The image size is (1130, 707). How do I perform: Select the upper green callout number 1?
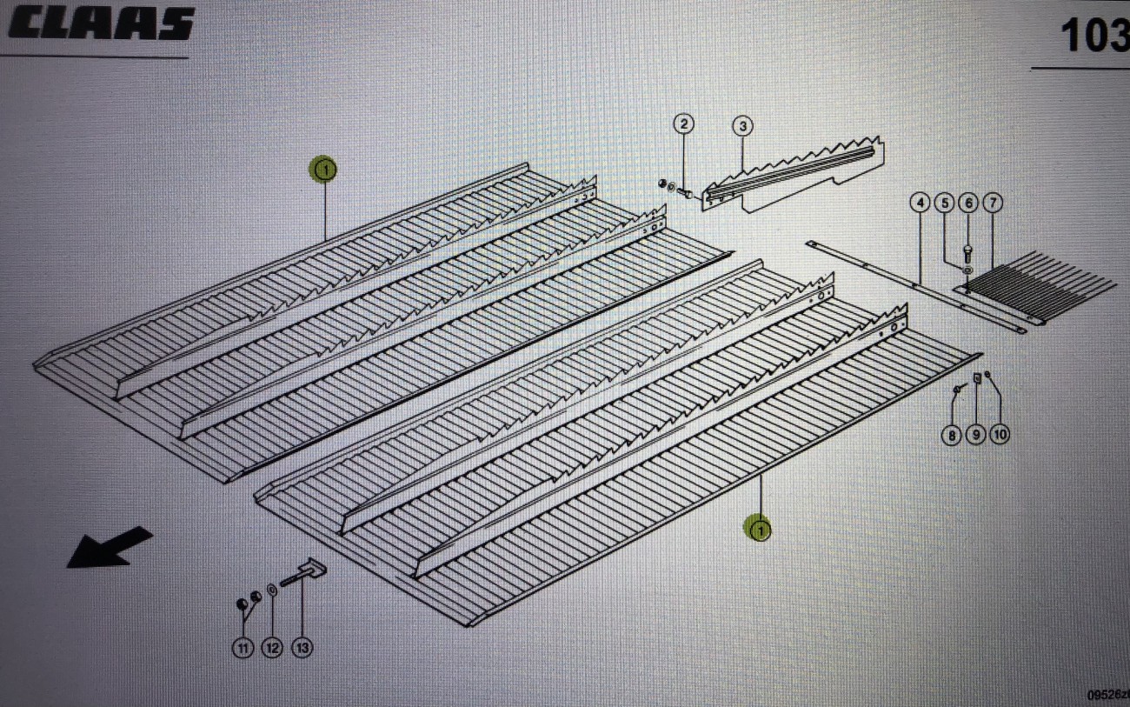click(323, 170)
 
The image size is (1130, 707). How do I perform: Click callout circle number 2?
click(684, 124)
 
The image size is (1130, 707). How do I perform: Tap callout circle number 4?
click(920, 203)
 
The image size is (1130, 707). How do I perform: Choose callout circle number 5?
click(944, 203)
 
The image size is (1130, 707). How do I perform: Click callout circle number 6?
click(967, 203)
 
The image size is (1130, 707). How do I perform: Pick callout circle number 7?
click(992, 203)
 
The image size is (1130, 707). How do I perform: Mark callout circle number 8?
click(953, 434)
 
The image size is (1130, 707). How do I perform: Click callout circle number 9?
click(976, 434)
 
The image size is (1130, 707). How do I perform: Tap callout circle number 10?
click(1000, 434)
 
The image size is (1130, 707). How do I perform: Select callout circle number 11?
click(243, 648)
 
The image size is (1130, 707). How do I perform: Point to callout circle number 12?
click(272, 648)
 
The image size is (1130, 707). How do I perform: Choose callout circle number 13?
click(302, 648)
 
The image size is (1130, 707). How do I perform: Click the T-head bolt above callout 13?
click(302, 574)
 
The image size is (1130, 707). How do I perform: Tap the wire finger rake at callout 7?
click(1043, 287)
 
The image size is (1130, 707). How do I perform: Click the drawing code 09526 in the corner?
click(1107, 695)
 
